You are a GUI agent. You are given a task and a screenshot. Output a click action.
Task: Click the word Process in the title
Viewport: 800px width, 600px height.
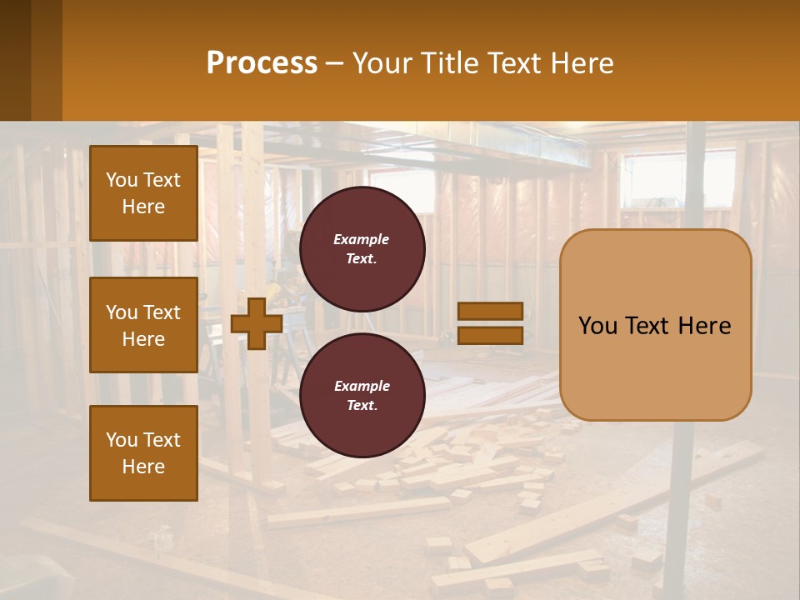click(x=262, y=63)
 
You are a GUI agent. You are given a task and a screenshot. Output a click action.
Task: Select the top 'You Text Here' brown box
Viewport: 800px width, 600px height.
click(x=143, y=193)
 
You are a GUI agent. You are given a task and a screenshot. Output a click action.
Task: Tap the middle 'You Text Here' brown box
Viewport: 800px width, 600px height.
click(x=143, y=325)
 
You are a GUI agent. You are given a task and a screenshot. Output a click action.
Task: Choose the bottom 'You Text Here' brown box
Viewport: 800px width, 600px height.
click(x=143, y=453)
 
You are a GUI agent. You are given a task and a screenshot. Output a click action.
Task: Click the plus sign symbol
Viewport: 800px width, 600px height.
click(x=257, y=323)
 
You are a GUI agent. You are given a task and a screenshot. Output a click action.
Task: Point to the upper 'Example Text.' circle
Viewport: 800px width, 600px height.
click(x=362, y=249)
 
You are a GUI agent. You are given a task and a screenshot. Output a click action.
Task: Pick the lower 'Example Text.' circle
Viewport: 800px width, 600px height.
click(x=362, y=396)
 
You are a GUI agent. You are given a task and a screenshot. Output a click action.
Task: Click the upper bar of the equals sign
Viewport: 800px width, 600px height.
click(x=491, y=311)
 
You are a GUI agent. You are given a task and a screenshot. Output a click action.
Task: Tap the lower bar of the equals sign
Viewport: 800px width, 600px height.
click(x=491, y=335)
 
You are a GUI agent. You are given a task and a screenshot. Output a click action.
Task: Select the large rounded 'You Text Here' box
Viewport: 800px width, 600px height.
click(x=656, y=325)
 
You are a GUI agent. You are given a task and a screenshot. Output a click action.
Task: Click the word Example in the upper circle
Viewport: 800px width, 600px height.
click(x=361, y=239)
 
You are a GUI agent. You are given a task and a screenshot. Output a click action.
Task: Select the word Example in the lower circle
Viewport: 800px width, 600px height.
click(x=362, y=386)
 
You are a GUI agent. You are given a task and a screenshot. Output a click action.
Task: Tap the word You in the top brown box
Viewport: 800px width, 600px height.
click(x=122, y=180)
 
